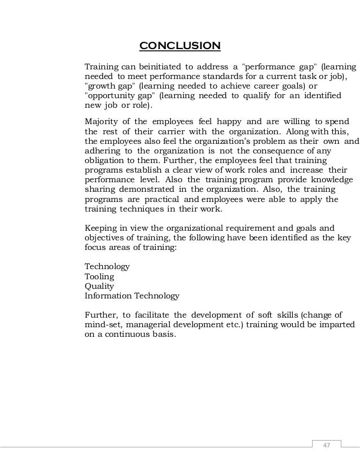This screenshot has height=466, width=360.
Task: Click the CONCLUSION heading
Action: click(x=179, y=45)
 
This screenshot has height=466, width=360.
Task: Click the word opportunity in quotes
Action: click(x=111, y=96)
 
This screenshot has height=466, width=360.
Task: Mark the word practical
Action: click(x=160, y=199)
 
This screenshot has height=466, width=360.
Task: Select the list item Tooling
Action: click(x=99, y=276)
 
